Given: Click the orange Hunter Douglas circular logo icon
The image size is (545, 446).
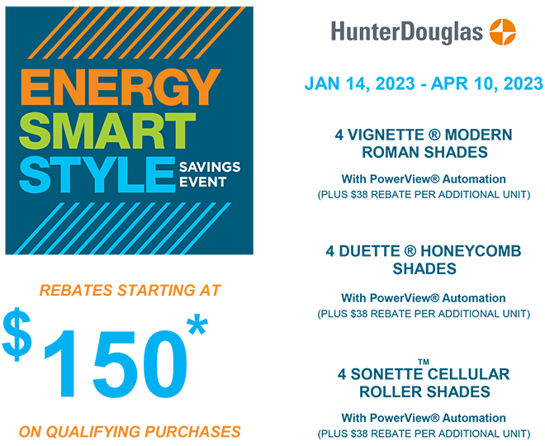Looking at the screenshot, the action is (x=503, y=31).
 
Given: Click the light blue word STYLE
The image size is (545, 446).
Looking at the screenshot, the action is (x=97, y=174).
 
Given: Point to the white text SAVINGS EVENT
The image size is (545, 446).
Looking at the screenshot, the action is (x=210, y=174).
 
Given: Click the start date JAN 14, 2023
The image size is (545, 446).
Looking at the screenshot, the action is (x=360, y=83).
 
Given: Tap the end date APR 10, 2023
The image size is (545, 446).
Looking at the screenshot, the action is (x=486, y=83).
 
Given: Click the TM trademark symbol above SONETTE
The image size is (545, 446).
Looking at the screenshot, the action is (x=424, y=362).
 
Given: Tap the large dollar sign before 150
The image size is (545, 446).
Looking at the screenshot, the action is (x=17, y=334).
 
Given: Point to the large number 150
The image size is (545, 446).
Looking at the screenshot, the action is (x=115, y=363).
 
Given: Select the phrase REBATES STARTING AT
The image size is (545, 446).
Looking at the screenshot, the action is (x=130, y=290).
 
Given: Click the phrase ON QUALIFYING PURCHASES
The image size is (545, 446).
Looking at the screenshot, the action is (x=130, y=432).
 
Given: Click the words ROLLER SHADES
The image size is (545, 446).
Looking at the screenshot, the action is (x=424, y=391).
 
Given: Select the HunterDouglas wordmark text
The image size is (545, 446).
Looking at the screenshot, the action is (x=407, y=32).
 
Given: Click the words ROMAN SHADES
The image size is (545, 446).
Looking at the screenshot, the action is (x=424, y=152).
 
